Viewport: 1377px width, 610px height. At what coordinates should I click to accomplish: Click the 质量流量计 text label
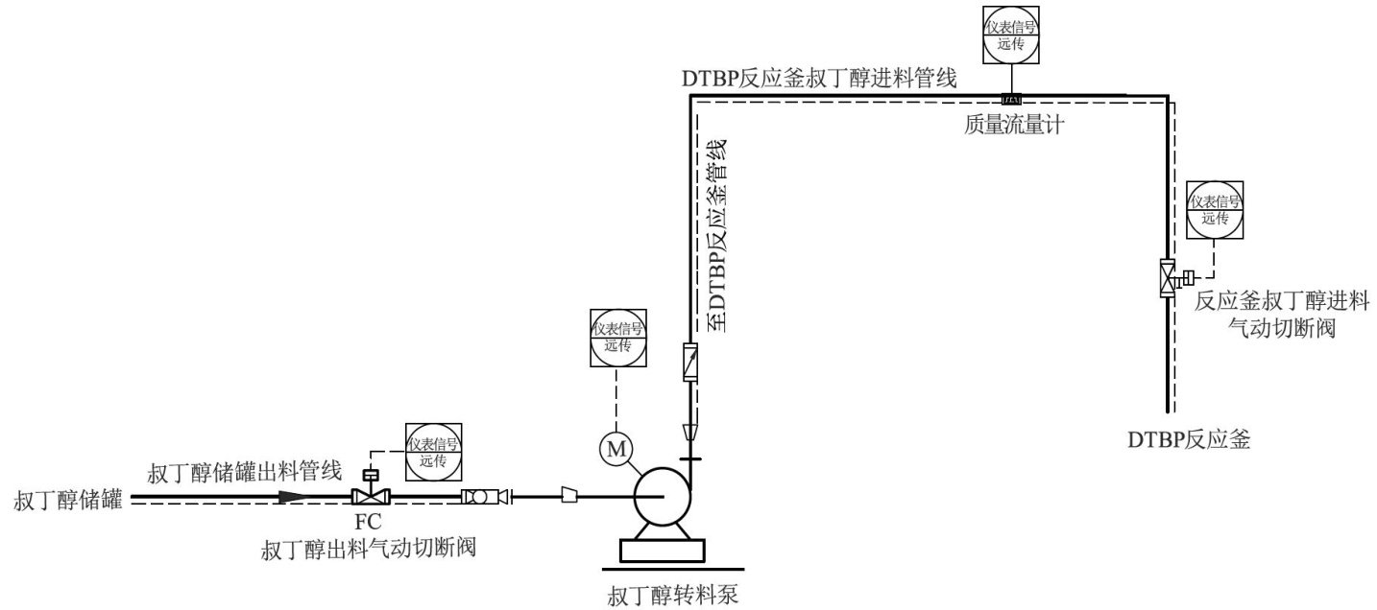coord(1014,124)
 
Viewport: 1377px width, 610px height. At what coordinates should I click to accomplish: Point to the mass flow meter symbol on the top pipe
coord(1012,99)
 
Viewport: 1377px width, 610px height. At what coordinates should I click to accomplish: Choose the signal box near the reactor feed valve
coord(1215,209)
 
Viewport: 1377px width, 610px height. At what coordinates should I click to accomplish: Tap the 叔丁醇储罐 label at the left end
coord(68,500)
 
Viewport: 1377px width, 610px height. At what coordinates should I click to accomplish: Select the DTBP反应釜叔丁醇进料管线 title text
coord(819,79)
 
